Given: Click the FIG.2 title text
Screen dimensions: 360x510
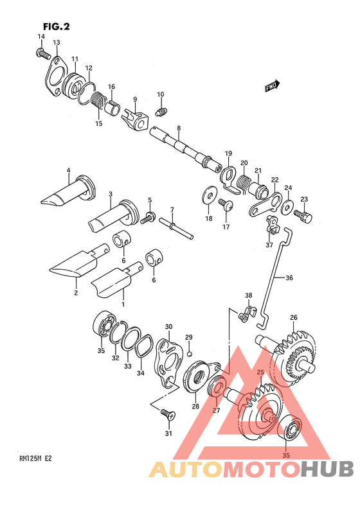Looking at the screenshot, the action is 57,26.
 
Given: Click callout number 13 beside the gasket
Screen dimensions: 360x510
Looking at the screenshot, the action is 57,42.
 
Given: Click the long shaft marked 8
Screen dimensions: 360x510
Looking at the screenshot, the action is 186,147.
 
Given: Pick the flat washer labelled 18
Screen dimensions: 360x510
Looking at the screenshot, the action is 210,195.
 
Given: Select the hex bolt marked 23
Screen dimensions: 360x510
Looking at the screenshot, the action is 303,216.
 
